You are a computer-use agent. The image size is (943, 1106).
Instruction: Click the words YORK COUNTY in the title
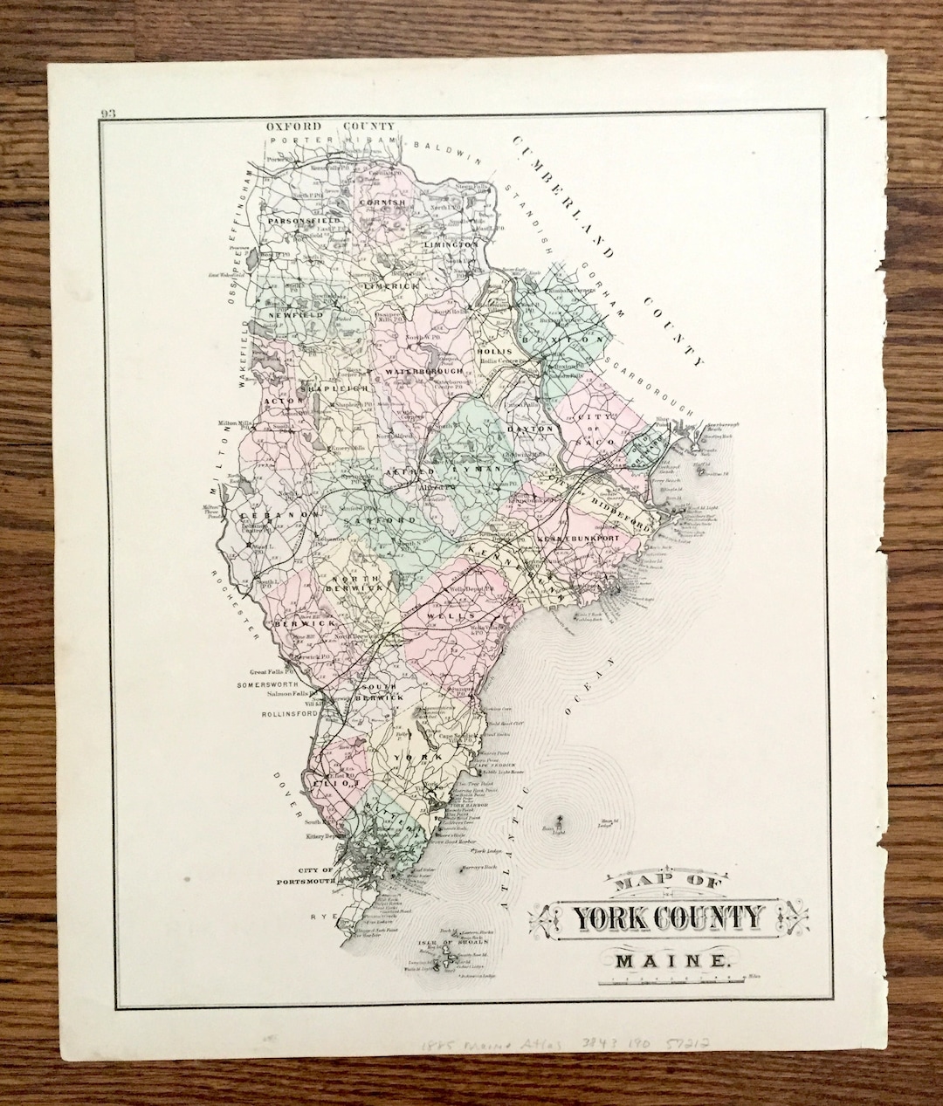click(x=668, y=918)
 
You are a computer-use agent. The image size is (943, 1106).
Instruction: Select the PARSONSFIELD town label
click(x=303, y=222)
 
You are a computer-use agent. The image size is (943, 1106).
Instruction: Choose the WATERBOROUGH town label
click(x=423, y=372)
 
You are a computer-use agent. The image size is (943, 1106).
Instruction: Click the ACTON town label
click(x=278, y=400)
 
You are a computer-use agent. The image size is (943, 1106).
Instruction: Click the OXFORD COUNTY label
click(x=330, y=126)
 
